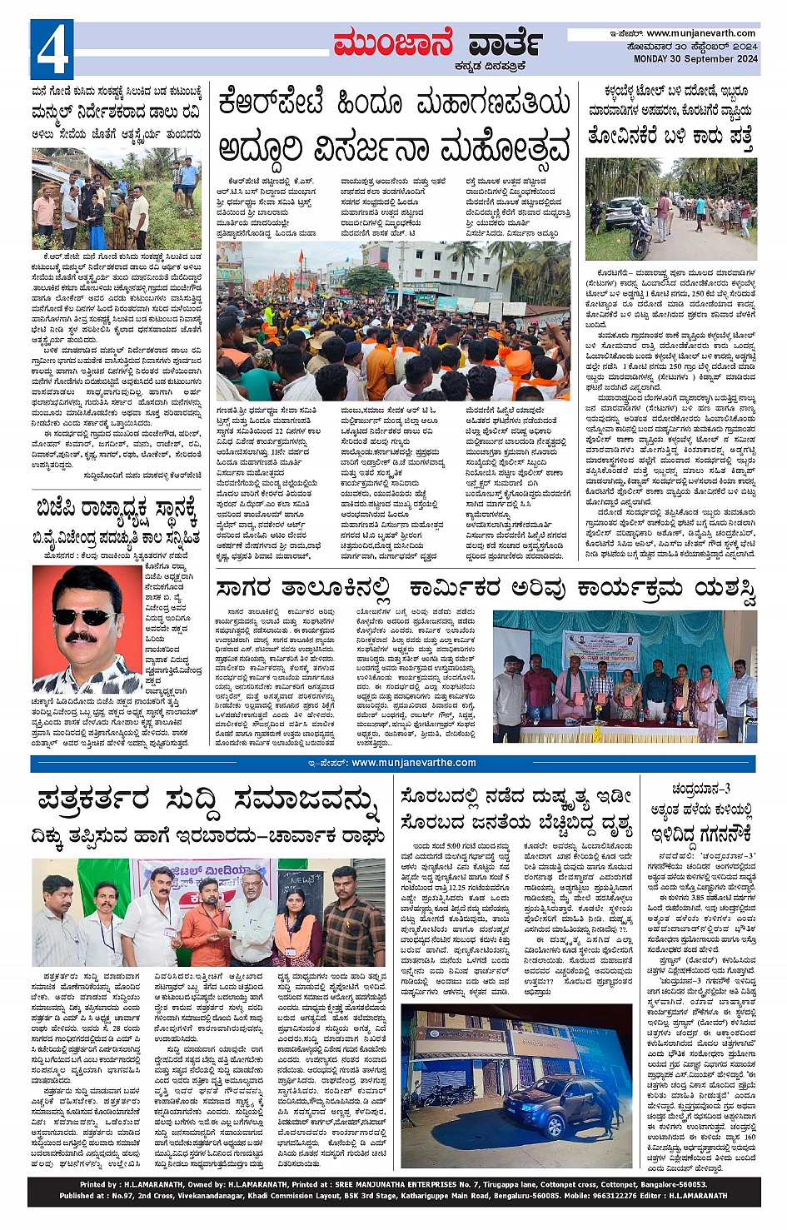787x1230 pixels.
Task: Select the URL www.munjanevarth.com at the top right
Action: click(x=702, y=33)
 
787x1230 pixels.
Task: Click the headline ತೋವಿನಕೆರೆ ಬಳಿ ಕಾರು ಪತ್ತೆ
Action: click(x=670, y=134)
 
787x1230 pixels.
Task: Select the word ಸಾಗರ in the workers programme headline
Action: click(x=248, y=589)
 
